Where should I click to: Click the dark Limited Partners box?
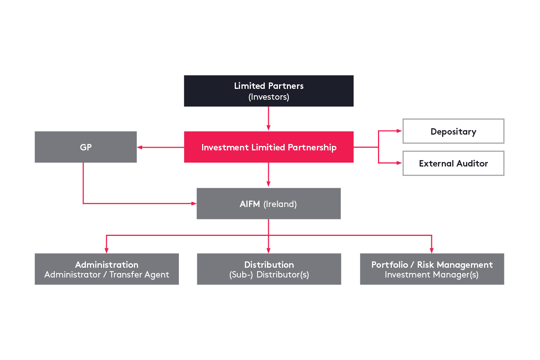click(268, 91)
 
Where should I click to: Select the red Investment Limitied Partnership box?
click(268, 147)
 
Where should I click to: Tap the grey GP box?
click(85, 147)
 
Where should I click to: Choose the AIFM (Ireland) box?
click(268, 204)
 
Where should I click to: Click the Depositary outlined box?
click(453, 131)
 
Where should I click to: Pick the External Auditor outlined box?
click(453, 163)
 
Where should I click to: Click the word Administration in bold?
click(106, 264)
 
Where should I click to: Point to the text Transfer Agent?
click(139, 275)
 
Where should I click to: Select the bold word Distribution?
click(269, 264)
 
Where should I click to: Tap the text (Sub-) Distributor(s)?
click(269, 275)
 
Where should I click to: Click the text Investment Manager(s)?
click(431, 275)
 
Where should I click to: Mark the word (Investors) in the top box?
click(268, 97)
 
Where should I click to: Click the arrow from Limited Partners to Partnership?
click(268, 118)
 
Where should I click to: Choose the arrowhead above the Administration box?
click(106, 250)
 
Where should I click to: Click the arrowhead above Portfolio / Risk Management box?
click(432, 250)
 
